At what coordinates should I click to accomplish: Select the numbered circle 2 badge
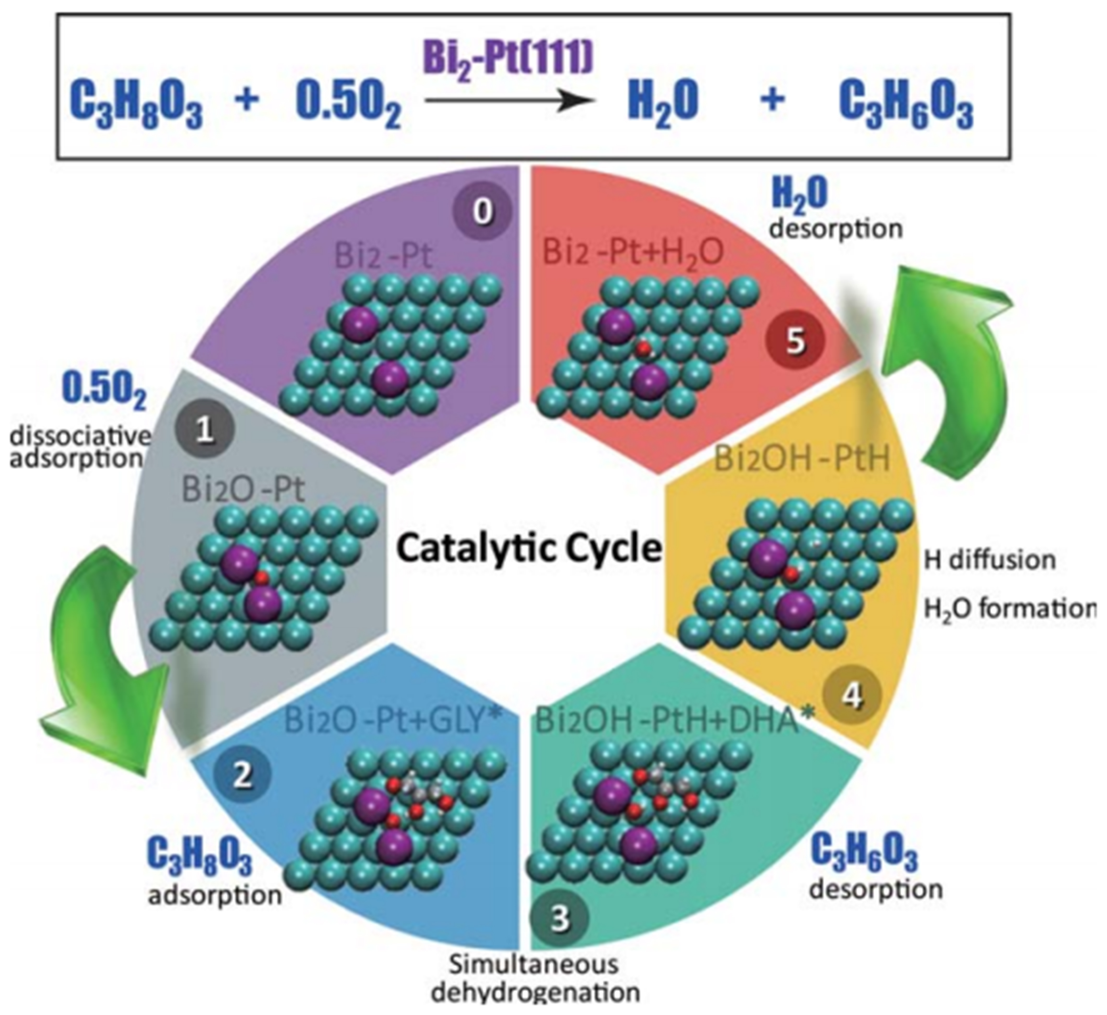(242, 776)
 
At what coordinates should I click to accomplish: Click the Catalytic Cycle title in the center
(528, 548)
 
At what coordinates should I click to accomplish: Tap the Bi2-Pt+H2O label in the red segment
(633, 253)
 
